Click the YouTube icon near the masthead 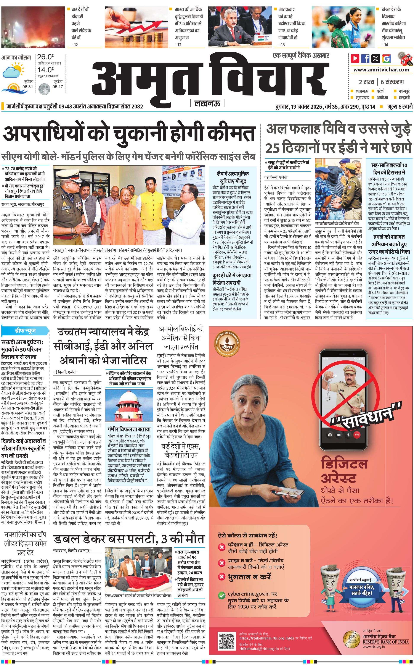tap(355, 58)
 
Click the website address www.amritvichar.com tap(381, 70)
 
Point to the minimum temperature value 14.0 tap(46, 70)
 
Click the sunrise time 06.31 tap(28, 87)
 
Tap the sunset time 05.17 tap(58, 87)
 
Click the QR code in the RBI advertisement tap(227, 640)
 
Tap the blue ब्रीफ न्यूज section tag tap(25, 331)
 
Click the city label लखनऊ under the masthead tap(207, 103)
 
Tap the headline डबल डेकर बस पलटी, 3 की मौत tap(129, 539)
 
